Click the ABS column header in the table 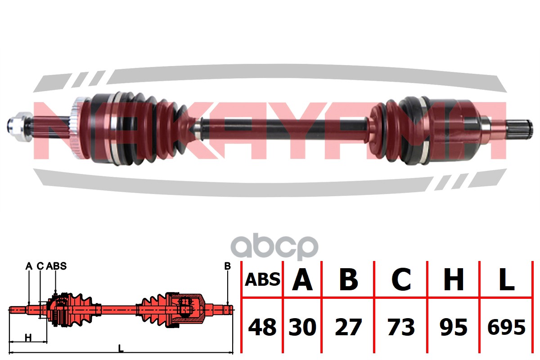(x=262, y=280)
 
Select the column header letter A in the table (x=302, y=280)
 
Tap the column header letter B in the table (x=348, y=280)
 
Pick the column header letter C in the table (x=401, y=280)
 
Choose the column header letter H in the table (x=454, y=280)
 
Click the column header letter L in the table (x=506, y=280)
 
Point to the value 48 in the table (x=262, y=327)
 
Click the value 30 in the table (x=302, y=327)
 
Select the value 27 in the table (x=348, y=327)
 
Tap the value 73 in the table (x=401, y=327)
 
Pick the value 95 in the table (x=454, y=327)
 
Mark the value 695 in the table (x=506, y=327)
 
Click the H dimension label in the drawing (x=28, y=337)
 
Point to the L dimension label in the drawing (x=121, y=347)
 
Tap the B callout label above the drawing (x=227, y=266)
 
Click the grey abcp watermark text (x=274, y=247)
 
